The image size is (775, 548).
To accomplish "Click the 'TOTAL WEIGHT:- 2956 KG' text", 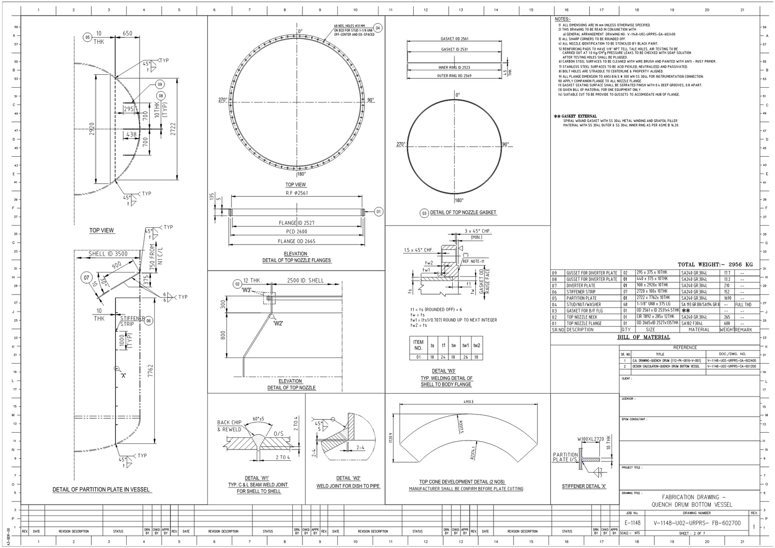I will pos(715,264).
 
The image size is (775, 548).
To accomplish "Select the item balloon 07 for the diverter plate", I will pos(86,278).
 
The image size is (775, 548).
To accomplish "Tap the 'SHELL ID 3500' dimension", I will pos(108,254).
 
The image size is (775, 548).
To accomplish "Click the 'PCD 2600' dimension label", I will pos(296,232).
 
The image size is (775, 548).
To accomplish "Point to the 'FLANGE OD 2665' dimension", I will pos(296,241).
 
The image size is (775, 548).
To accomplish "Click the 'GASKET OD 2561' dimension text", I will pos(454,39).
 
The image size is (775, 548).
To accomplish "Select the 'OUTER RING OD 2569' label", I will pos(454,76).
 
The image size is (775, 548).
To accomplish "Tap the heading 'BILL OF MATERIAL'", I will pos(644,337).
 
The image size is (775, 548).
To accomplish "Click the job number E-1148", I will pos(632,523).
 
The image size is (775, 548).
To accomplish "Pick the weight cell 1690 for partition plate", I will pos(727,298).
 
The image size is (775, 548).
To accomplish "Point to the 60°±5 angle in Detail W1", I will pos(258,419).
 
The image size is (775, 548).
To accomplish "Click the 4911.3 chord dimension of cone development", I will pos(468,402).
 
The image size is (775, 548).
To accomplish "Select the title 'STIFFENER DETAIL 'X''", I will pos(584,486).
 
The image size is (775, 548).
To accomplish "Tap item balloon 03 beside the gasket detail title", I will pos(424,213).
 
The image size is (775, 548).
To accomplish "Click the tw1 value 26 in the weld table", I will pos(465,357).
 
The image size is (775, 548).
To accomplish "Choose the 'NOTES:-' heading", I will pos(562,19).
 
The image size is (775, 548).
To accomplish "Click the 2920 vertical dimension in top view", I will pos(92,129).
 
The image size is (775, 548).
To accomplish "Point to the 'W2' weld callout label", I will pos(278,323).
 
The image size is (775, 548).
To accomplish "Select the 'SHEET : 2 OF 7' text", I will pos(692,533).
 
